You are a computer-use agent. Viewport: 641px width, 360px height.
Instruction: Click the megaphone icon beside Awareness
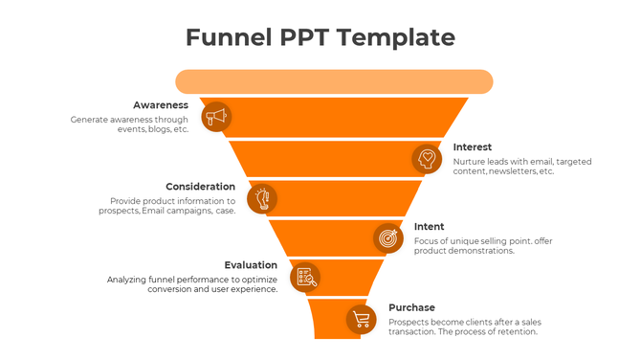[x=217, y=117]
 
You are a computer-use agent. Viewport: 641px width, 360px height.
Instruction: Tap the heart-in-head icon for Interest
[x=427, y=158]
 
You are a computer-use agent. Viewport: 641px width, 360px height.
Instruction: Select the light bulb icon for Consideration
[x=262, y=198]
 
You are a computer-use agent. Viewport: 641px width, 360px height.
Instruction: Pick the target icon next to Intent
[x=387, y=237]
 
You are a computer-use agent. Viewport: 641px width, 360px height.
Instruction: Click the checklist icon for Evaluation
[x=305, y=278]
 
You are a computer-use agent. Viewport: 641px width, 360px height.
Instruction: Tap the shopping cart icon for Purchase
[x=361, y=319]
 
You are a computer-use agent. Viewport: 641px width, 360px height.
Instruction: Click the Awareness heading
[x=161, y=104]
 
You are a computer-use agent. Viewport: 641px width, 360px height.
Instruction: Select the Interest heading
[x=473, y=146]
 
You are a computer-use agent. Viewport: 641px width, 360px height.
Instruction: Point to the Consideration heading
[x=200, y=186]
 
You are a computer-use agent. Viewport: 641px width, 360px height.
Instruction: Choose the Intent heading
[x=429, y=227]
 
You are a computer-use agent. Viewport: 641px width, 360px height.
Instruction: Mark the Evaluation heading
[x=251, y=265]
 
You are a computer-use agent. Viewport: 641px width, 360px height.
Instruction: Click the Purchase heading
[x=411, y=307]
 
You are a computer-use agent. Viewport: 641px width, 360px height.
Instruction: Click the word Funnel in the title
[x=227, y=37]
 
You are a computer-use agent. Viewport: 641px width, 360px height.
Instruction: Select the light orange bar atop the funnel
[x=333, y=81]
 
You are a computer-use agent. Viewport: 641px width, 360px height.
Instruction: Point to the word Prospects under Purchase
[x=411, y=322]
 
